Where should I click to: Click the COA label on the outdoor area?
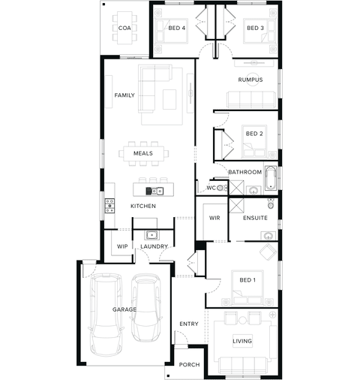point(124,28)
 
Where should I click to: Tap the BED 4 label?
point(177,28)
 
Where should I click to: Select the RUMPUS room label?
point(250,80)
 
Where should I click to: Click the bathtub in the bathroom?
point(270,178)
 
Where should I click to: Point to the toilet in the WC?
point(220,187)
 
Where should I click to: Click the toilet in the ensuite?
point(271,204)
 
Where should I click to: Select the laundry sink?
point(151,235)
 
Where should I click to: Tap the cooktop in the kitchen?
point(109,206)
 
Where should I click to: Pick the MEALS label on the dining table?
point(143,153)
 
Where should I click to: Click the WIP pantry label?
point(122,246)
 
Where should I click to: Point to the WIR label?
point(214,218)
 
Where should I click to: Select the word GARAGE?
point(124,309)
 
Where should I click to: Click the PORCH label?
point(189,365)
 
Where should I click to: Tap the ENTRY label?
point(189,324)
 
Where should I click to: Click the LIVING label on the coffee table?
point(242,341)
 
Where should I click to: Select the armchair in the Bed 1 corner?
point(268,252)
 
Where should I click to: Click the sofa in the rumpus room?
point(251,100)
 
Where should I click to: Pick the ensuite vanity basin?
point(268,236)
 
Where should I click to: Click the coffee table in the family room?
point(169,99)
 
